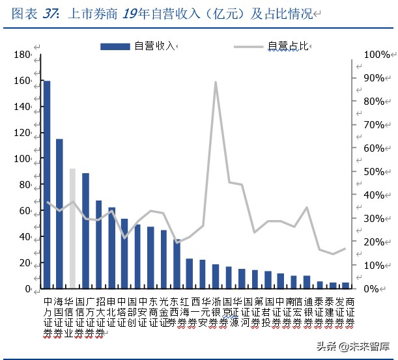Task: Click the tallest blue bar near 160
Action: click(x=46, y=184)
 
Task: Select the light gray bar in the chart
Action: click(x=72, y=228)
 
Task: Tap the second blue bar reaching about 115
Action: click(x=59, y=214)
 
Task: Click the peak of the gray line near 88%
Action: click(x=216, y=82)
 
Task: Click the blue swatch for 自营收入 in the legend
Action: click(x=115, y=46)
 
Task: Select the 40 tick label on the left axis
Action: click(x=25, y=237)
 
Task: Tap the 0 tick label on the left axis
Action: click(x=27, y=289)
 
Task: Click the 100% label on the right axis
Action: click(x=377, y=55)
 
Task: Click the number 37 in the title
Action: click(x=51, y=12)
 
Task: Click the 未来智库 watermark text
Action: click(x=367, y=346)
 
